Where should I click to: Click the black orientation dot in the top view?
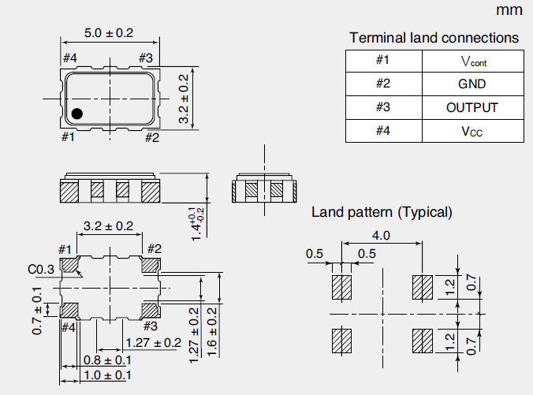76,114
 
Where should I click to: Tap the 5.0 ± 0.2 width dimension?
109,34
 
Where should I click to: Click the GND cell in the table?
471,84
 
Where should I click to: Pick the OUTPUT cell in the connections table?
471,108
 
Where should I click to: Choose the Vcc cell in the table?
471,131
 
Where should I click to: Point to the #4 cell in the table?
383,131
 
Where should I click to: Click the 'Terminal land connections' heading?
434,38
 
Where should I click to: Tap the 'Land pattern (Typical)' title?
382,211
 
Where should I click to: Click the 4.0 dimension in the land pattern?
382,235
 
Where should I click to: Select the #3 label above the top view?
145,58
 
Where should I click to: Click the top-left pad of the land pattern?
341,287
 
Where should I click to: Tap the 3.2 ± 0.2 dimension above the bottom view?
109,226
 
